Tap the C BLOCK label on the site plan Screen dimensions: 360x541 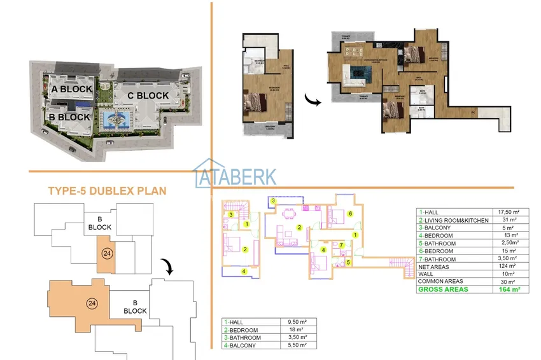pyautogui.click(x=148, y=95)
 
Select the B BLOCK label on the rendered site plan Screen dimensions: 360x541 pyautogui.click(x=69, y=117)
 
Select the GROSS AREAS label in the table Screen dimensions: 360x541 pyautogui.click(x=444, y=289)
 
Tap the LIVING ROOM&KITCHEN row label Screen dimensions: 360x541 pyautogui.click(x=455, y=220)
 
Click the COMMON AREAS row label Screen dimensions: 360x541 pyautogui.click(x=440, y=281)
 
